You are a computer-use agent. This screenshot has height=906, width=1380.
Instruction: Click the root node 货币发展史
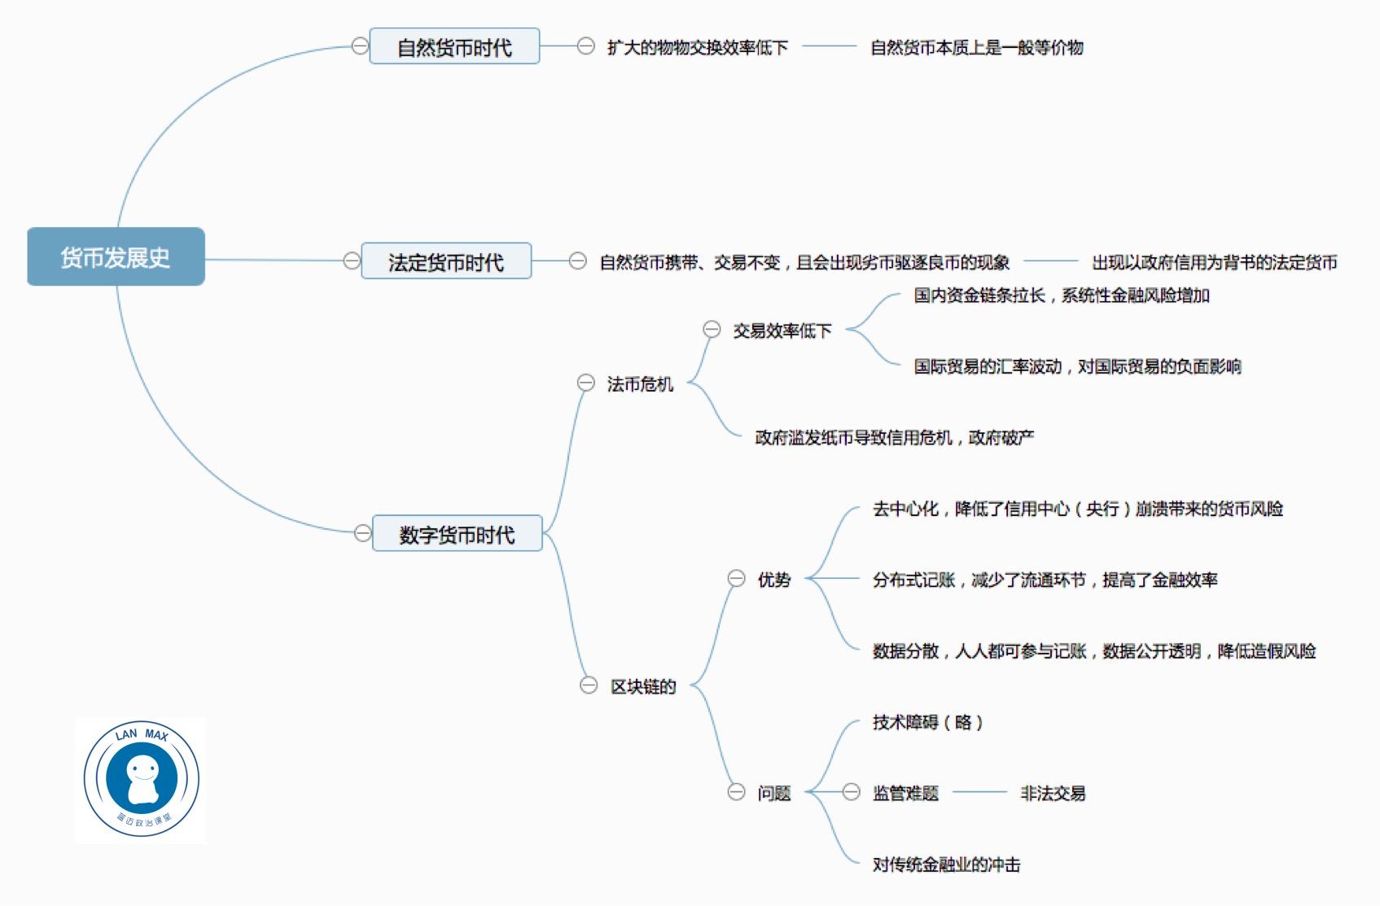click(116, 257)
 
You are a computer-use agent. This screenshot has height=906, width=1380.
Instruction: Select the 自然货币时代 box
click(454, 46)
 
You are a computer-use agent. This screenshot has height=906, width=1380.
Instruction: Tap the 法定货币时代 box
click(445, 261)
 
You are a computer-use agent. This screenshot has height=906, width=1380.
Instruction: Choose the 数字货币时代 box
click(457, 534)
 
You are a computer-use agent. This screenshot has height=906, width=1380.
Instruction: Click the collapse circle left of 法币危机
click(585, 383)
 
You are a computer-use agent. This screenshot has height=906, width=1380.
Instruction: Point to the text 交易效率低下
click(782, 330)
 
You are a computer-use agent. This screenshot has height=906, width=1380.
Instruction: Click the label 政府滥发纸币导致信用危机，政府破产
click(894, 437)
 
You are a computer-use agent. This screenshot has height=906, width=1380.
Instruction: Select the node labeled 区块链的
click(643, 686)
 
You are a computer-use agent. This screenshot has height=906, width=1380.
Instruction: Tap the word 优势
click(773, 580)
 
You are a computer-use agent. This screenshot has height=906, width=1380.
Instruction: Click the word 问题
click(773, 793)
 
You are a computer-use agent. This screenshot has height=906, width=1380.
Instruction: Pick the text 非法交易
click(1052, 793)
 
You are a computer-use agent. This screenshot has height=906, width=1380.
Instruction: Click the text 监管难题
click(905, 793)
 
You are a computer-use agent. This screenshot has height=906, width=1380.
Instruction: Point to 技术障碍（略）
click(927, 722)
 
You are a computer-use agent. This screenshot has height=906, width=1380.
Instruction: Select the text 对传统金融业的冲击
click(946, 864)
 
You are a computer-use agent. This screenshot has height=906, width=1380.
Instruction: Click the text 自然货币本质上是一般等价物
click(976, 47)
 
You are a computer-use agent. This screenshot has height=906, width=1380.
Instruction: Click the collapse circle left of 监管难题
click(851, 792)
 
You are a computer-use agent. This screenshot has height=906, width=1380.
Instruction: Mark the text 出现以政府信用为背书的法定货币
click(1214, 262)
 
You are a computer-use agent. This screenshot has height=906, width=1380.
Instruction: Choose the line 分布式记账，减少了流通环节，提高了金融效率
click(1045, 580)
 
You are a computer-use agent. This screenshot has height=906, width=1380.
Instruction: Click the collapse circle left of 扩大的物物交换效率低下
click(585, 46)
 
